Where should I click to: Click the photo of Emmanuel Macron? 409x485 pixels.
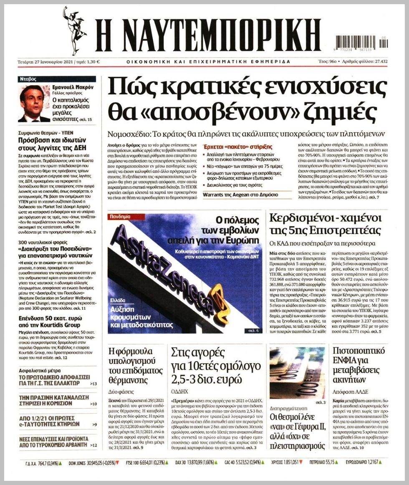(34, 104)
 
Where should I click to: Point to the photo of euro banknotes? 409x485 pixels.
(297, 373)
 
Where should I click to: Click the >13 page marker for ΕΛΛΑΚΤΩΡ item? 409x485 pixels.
(93, 384)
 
